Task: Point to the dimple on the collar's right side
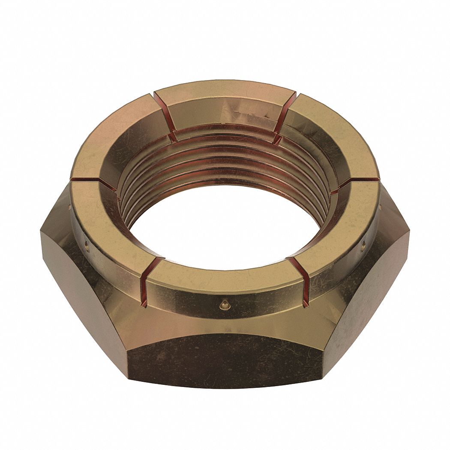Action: click(363, 246)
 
